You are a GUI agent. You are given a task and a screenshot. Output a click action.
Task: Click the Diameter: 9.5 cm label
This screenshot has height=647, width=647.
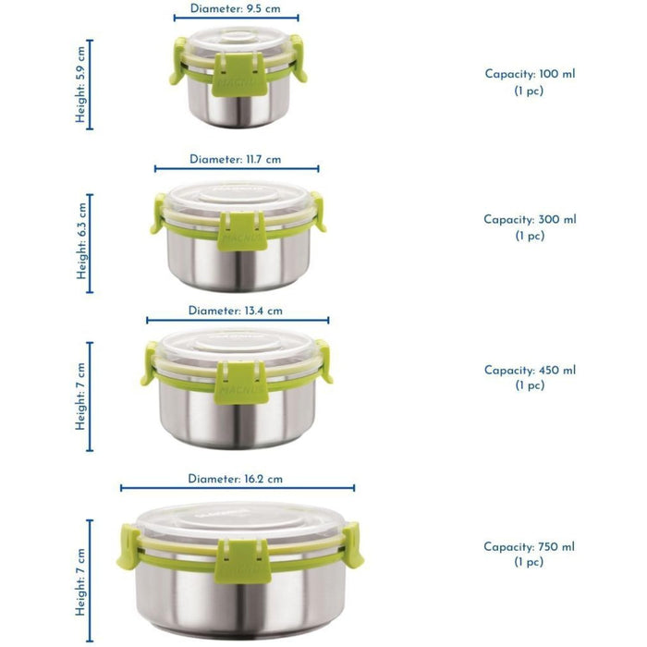[235, 8]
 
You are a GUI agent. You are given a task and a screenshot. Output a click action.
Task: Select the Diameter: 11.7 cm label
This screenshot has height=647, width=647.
[235, 159]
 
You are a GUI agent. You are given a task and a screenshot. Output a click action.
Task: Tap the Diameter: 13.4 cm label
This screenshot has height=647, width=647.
[235, 311]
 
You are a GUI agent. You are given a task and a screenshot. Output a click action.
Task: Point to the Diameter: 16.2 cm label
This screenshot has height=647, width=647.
[235, 479]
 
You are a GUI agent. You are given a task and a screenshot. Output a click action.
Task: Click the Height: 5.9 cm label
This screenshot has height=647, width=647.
[80, 84]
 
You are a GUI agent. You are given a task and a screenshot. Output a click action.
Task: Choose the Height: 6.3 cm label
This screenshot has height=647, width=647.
[81, 240]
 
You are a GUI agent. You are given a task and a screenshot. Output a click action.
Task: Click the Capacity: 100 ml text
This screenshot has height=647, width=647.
[530, 74]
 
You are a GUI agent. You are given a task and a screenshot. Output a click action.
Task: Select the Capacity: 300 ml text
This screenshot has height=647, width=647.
[530, 220]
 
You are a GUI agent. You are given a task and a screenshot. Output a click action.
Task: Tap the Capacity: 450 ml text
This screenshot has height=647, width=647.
[530, 370]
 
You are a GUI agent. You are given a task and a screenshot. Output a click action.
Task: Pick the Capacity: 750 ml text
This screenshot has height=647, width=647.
[529, 547]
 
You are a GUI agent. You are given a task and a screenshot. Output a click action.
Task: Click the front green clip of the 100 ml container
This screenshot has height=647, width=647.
[239, 74]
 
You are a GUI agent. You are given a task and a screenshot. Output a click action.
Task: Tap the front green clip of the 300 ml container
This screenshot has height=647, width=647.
[242, 231]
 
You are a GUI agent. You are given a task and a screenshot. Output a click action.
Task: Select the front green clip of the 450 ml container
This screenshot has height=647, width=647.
[242, 383]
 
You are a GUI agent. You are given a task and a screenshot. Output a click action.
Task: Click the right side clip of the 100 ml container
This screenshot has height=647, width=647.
[298, 57]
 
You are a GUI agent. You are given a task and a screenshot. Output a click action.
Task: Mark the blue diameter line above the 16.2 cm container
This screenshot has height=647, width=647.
[238, 488]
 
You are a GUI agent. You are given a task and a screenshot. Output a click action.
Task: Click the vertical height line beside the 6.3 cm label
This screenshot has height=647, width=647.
[90, 243]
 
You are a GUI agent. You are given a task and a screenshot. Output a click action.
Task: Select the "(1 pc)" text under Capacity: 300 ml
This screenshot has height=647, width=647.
[530, 236]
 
